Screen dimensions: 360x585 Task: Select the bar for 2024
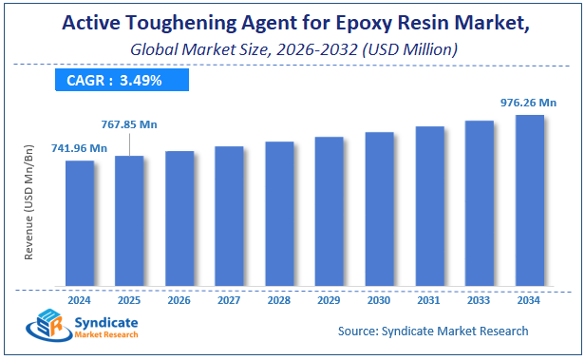tap(80, 223)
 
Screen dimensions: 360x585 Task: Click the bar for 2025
tap(129, 220)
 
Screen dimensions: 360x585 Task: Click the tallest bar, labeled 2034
tap(529, 200)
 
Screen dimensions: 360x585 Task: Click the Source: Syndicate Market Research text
tap(432, 332)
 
